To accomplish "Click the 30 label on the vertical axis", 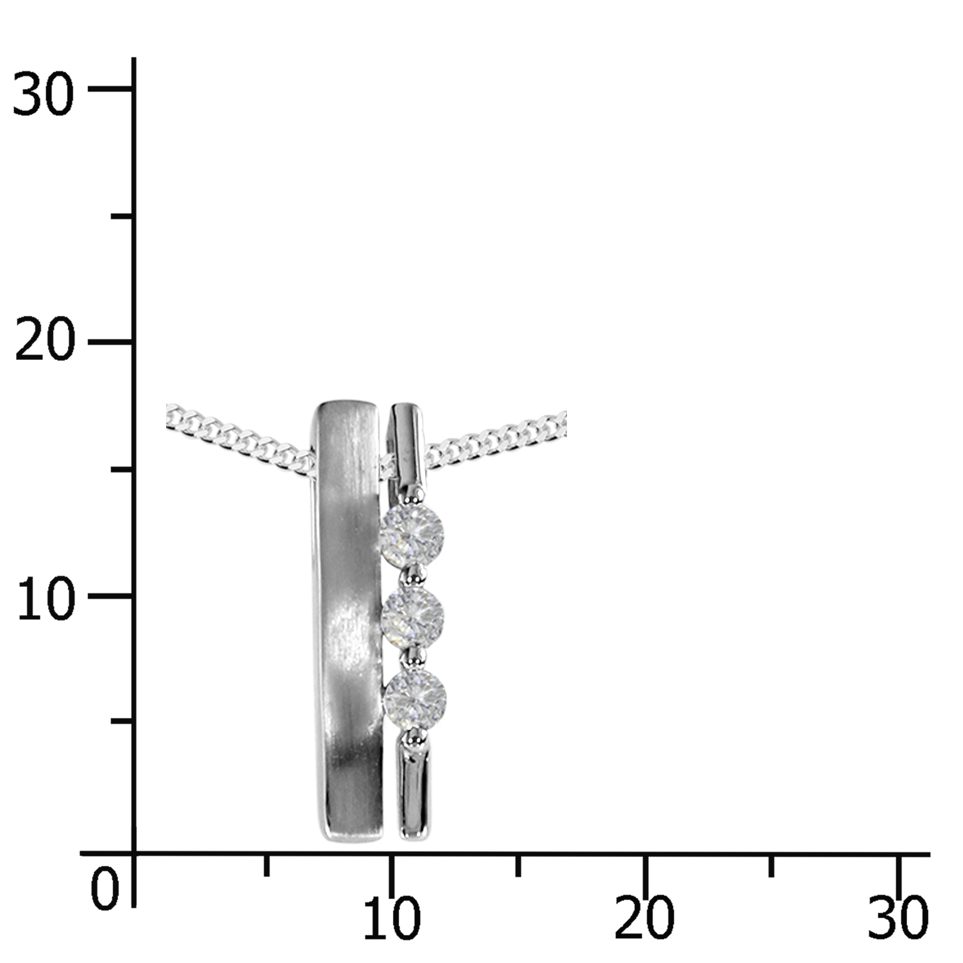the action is tap(43, 94).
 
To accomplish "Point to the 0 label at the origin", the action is tap(105, 889).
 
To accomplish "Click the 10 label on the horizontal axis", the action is tap(391, 919).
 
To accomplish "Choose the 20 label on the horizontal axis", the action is tap(644, 919).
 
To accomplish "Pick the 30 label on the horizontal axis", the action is tap(898, 919).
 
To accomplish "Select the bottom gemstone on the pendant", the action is tap(415, 698).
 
